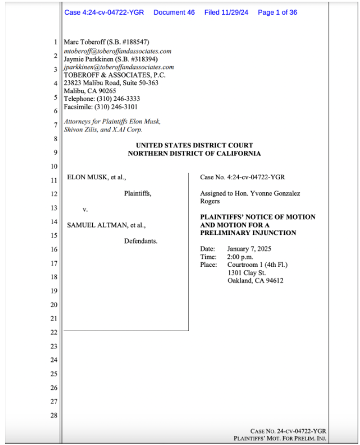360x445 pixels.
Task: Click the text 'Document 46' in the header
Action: click(174, 13)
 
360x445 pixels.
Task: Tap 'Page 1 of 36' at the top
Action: click(278, 13)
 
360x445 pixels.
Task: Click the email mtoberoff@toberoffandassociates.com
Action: click(118, 51)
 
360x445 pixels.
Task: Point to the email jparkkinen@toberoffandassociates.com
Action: click(119, 67)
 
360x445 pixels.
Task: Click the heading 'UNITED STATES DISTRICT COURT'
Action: click(195, 146)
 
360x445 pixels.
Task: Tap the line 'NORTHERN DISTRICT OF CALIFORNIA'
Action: click(195, 154)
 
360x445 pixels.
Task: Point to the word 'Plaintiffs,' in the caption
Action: click(138, 193)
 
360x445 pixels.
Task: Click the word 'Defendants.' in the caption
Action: click(140, 241)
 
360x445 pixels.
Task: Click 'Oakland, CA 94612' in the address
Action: click(255, 281)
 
